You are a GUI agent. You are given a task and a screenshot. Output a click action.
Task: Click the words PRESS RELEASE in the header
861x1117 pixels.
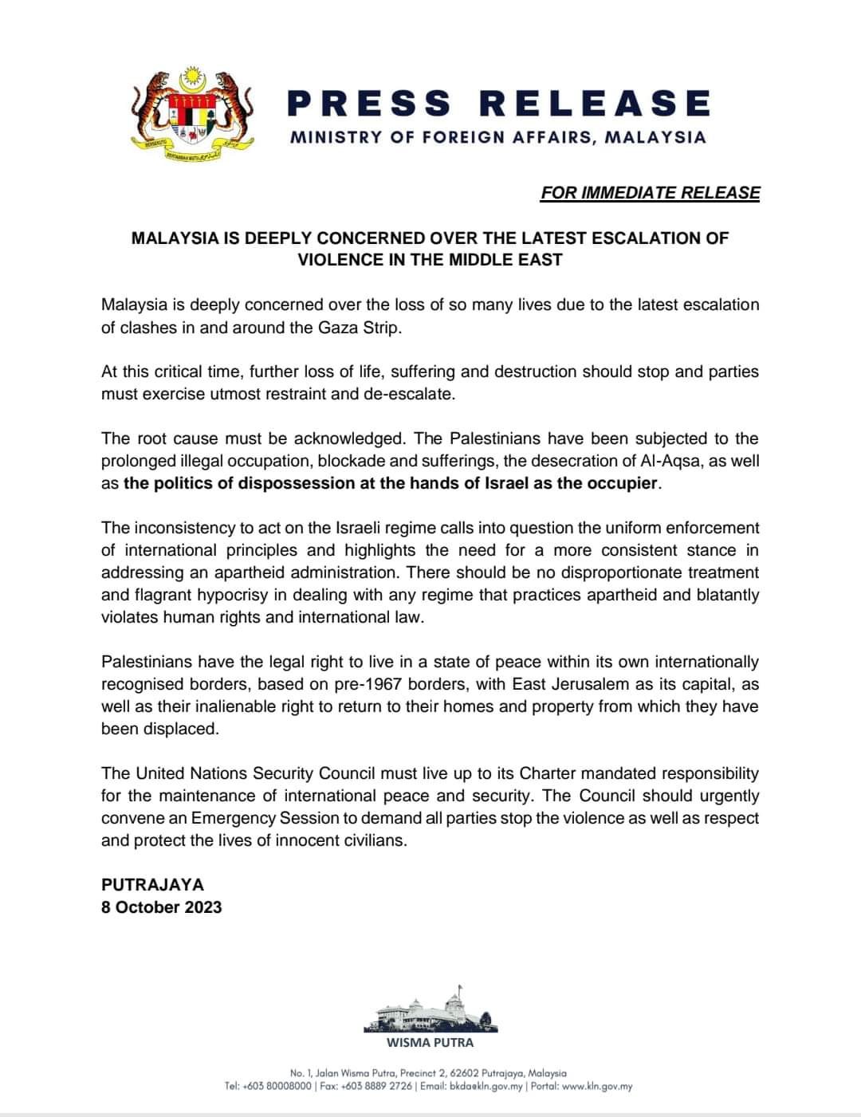coord(498,104)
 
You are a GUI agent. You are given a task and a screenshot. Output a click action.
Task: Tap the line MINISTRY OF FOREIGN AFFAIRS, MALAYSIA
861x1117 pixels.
coord(498,137)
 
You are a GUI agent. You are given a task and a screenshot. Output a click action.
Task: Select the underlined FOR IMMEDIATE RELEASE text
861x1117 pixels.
coord(650,193)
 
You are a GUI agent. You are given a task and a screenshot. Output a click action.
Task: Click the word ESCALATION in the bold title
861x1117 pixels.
coord(631,238)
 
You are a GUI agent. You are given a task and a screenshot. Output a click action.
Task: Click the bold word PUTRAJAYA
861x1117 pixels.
coord(152,885)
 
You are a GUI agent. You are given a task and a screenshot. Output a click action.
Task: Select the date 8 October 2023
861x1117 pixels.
coord(162,907)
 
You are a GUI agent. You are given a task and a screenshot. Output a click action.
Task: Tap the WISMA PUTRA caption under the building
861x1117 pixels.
coord(430,1042)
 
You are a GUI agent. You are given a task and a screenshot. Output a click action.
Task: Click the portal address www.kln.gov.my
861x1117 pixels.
coord(597,1086)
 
